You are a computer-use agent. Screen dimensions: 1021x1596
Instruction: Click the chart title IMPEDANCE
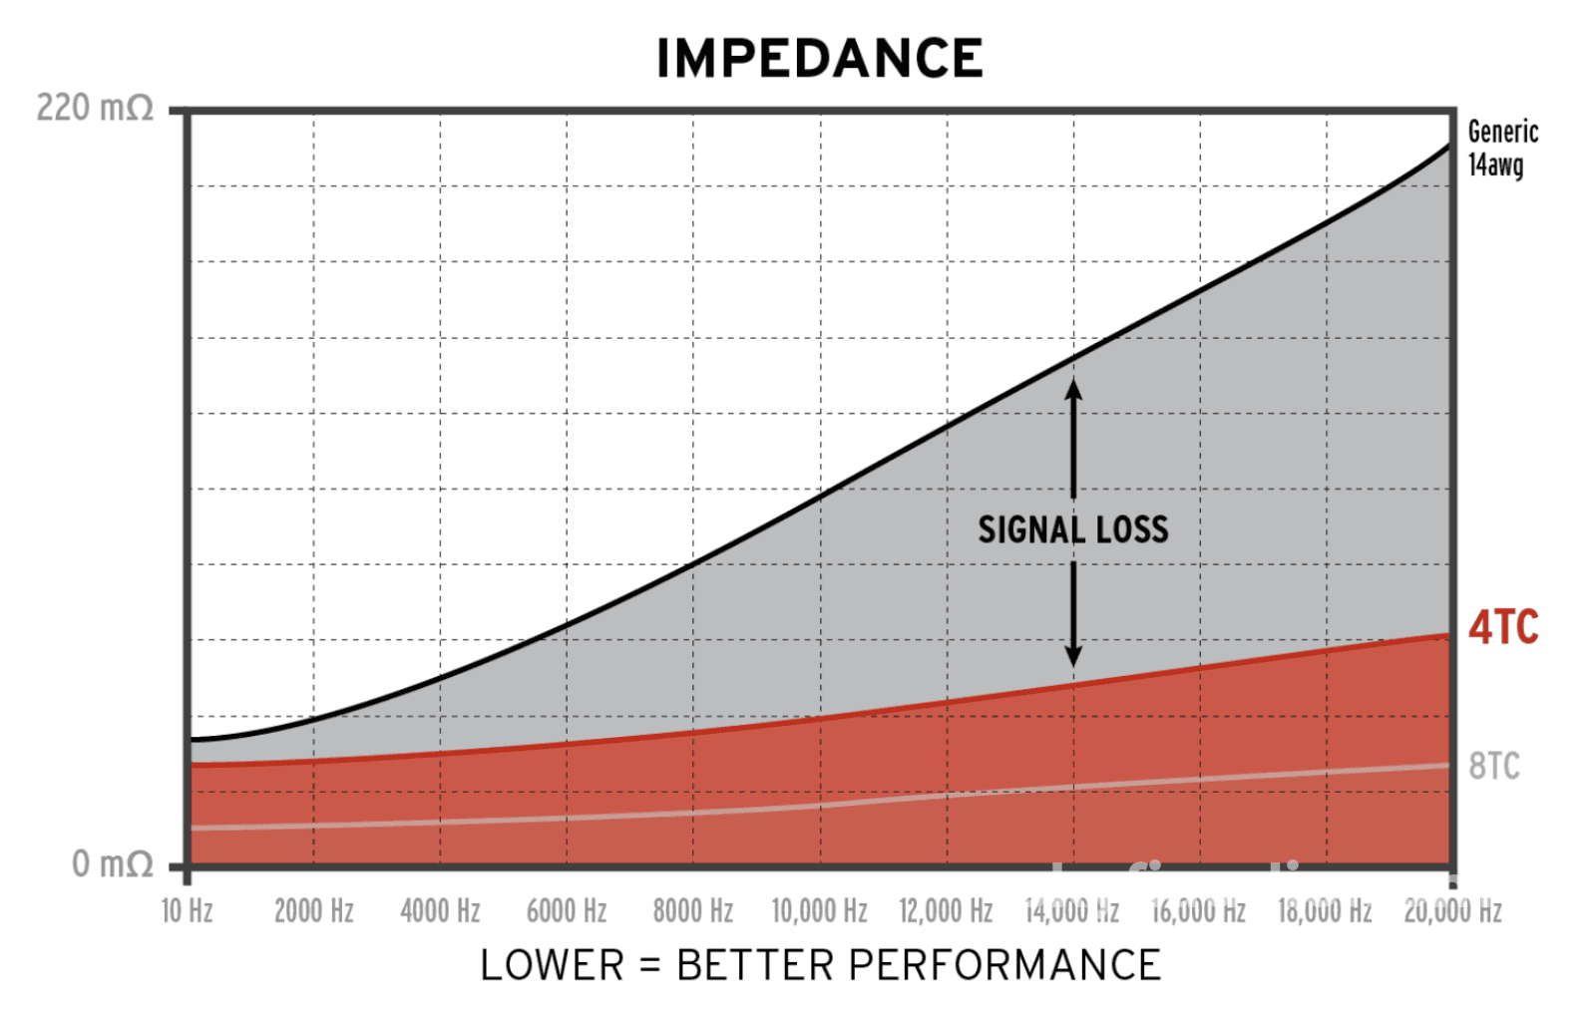[x=819, y=58]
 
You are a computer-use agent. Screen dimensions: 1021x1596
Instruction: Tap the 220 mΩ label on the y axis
[x=95, y=108]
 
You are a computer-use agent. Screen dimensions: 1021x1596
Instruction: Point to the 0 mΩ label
[x=112, y=863]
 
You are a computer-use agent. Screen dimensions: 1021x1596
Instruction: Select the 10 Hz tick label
[x=188, y=911]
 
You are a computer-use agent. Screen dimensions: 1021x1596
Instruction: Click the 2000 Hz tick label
[x=314, y=911]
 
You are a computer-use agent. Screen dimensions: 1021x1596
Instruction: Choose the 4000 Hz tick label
[x=440, y=911]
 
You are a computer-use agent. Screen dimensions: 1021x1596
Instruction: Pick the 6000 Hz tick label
[x=567, y=911]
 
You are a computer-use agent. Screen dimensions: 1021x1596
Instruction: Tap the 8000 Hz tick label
[x=693, y=911]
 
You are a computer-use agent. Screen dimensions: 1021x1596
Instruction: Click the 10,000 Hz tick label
[x=819, y=911]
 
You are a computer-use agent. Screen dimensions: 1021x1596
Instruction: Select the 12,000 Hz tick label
[x=946, y=911]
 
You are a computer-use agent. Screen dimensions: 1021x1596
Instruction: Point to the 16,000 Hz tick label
[x=1199, y=911]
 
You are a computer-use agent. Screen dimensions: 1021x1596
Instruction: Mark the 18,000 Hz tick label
[x=1325, y=911]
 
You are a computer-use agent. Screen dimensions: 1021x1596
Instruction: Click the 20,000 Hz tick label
[x=1452, y=911]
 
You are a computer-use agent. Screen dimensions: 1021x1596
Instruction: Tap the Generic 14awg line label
[x=1502, y=148]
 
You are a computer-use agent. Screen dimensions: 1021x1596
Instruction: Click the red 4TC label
[x=1503, y=627]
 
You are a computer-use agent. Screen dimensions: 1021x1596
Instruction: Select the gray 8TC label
[x=1494, y=766]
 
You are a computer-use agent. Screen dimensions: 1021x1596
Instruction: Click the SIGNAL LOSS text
[x=1072, y=529]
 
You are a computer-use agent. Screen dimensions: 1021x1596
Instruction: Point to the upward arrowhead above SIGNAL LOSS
[x=1073, y=387]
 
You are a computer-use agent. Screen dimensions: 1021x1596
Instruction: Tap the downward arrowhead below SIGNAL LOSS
[x=1073, y=657]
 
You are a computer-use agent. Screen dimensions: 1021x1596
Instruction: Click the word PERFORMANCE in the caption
[x=1004, y=965]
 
